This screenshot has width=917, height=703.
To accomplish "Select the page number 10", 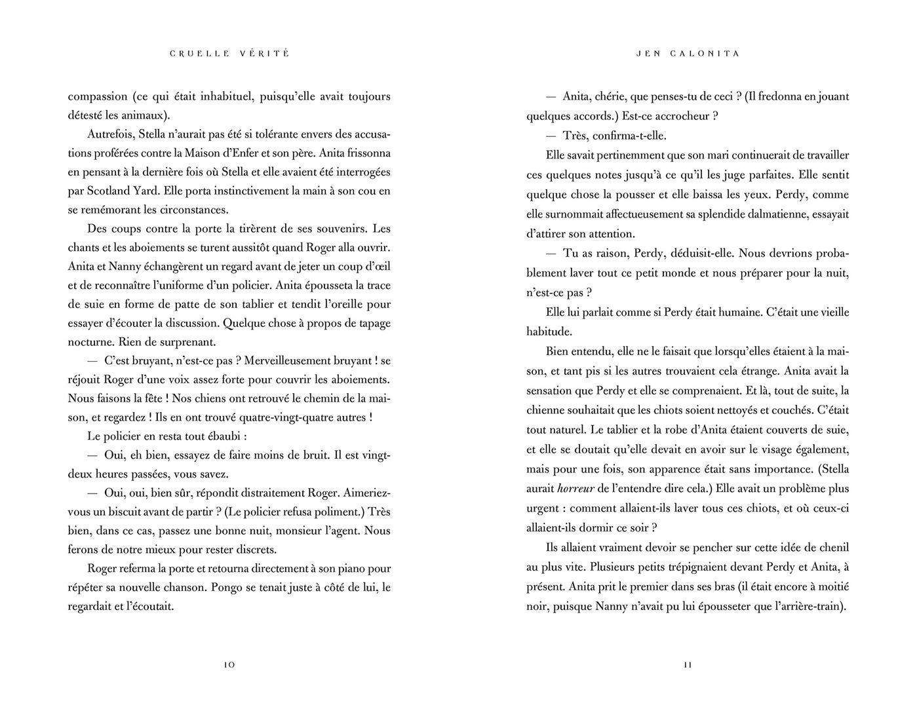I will point(229,665).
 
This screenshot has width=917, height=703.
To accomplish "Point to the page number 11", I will point(688,665).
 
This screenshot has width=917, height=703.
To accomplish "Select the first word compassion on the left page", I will point(98,96).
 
